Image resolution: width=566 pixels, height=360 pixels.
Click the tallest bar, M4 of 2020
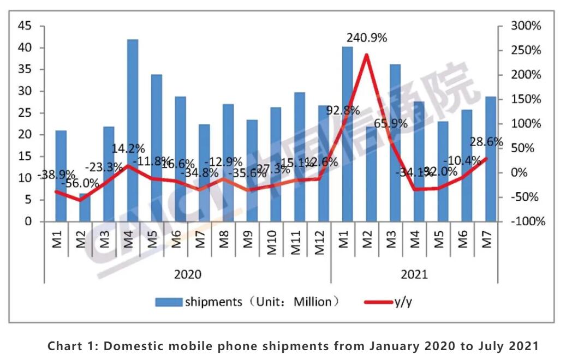click(133, 131)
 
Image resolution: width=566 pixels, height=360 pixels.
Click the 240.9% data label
click(367, 38)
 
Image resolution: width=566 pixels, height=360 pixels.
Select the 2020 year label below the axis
click(187, 274)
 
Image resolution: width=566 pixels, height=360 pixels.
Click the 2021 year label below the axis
click(414, 274)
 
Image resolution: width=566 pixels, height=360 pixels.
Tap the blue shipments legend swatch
click(169, 302)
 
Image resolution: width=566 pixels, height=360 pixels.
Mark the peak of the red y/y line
click(366, 55)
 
